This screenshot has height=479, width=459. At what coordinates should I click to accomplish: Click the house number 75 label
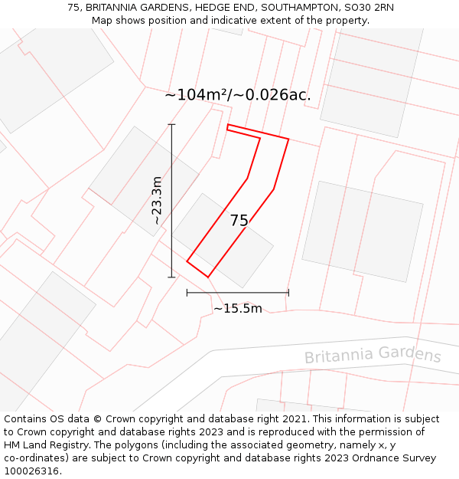tap(239, 221)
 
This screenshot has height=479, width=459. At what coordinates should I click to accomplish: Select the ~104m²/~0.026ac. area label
tap(238, 95)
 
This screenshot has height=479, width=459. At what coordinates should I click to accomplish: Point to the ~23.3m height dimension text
tap(156, 200)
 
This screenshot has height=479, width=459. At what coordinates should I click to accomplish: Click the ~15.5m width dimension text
tap(237, 309)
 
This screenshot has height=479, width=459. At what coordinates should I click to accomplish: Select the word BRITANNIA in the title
tap(116, 7)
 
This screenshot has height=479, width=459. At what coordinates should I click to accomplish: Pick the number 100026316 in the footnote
tap(31, 471)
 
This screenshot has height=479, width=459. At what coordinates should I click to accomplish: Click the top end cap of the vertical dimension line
tap(171, 124)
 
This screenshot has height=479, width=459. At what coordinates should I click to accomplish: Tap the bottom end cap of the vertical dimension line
tap(171, 277)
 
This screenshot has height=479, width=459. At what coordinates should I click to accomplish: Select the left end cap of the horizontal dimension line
tap(187, 292)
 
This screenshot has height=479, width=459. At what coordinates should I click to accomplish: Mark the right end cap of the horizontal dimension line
tap(288, 292)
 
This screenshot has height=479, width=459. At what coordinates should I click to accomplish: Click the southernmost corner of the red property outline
tap(207, 277)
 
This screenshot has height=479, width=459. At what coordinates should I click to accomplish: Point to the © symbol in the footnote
tap(97, 419)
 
